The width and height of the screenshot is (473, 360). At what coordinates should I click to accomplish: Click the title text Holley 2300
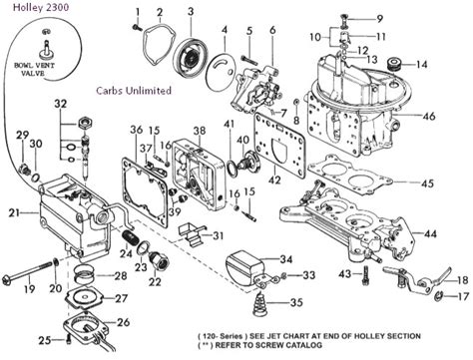click(x=31, y=11)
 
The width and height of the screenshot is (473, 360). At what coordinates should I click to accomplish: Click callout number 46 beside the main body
click(x=456, y=117)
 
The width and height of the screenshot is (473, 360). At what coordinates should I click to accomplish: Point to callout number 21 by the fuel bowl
click(x=13, y=212)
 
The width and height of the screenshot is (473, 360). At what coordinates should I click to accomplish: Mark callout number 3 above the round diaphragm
click(x=191, y=11)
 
